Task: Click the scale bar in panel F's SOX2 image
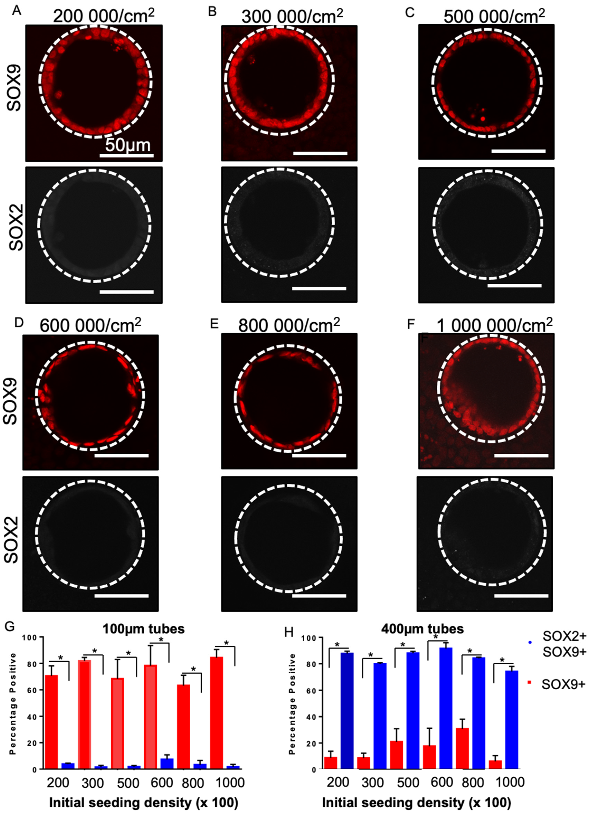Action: [x=521, y=595]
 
